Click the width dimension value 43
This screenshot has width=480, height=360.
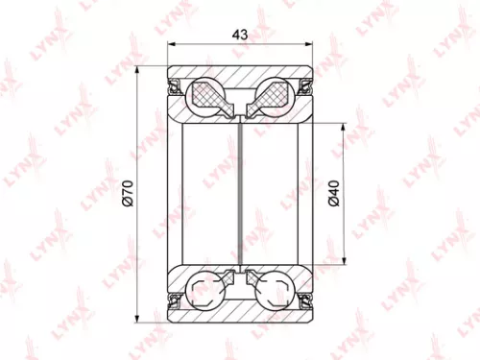tap(240, 33)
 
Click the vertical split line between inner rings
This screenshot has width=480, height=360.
tap(240, 192)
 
